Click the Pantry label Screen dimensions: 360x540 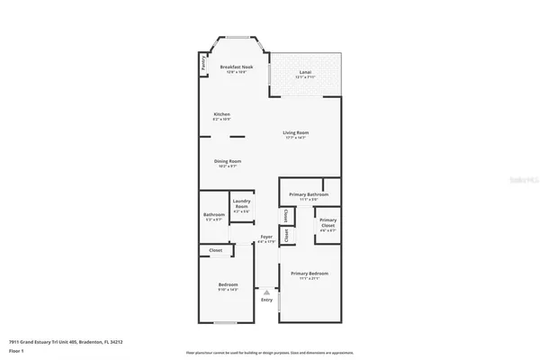click(x=205, y=65)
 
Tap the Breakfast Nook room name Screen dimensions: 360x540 click(x=237, y=67)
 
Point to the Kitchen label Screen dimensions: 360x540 click(x=221, y=113)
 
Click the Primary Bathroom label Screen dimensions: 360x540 click(x=307, y=194)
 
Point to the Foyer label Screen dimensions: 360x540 click(x=266, y=238)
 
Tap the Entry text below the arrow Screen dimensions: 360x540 click(x=266, y=300)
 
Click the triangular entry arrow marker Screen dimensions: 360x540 click(x=266, y=291)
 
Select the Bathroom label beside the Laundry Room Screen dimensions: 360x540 click(x=214, y=214)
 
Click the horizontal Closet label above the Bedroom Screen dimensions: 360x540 click(x=216, y=250)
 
